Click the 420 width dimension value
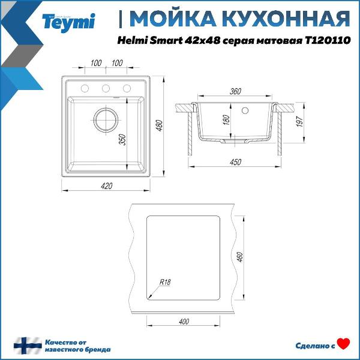(x=106, y=186)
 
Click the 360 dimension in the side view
(x=235, y=91)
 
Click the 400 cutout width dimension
(x=184, y=322)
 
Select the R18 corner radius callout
(x=165, y=283)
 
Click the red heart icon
(x=343, y=344)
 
